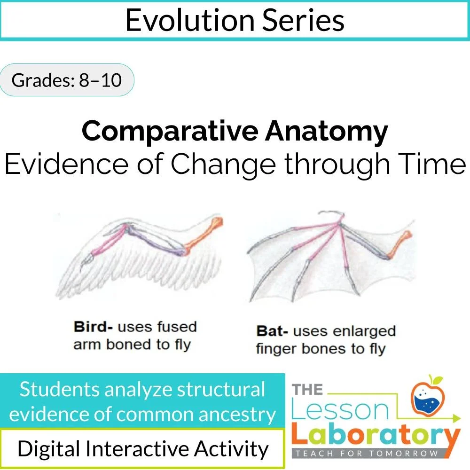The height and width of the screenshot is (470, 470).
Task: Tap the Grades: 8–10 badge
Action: click(x=66, y=80)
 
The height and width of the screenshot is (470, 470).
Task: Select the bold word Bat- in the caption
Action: click(x=272, y=331)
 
